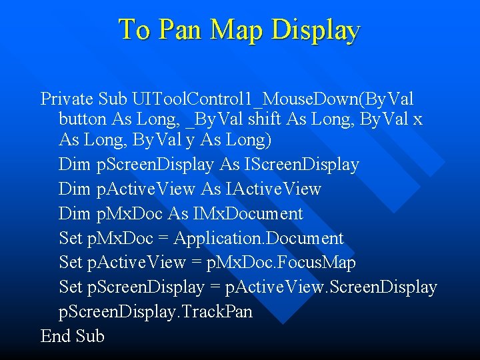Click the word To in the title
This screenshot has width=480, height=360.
click(x=135, y=30)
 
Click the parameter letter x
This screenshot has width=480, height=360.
click(x=417, y=121)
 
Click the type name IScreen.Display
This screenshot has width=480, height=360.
click(x=303, y=164)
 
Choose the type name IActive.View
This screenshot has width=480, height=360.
click(x=273, y=189)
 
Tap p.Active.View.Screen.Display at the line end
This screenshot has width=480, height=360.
click(x=332, y=288)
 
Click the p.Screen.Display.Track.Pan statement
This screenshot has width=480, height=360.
click(x=156, y=312)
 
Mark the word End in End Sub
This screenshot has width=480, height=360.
click(x=55, y=337)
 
